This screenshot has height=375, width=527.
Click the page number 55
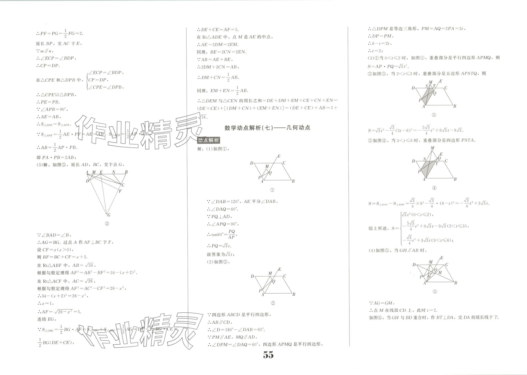pos(268,355)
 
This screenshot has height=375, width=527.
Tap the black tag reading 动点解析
pos(208,140)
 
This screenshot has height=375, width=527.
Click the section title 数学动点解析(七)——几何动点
pos(267,128)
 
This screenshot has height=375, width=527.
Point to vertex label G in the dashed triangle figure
pos(109,215)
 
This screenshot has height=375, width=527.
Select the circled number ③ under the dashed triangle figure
pos(107,223)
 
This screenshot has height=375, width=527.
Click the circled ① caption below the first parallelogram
pos(272,190)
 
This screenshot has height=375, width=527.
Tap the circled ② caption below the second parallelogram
pos(273,303)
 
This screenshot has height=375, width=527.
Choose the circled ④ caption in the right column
pos(434,188)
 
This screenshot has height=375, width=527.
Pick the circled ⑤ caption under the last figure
pos(434,292)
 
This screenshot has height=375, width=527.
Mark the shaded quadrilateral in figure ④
pos(427,168)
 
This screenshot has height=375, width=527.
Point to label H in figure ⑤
pos(440,273)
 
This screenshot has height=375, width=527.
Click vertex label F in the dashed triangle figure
pos(120,191)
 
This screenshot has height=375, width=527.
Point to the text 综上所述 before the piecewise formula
pos(378,228)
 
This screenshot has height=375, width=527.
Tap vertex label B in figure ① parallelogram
pos(293,181)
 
